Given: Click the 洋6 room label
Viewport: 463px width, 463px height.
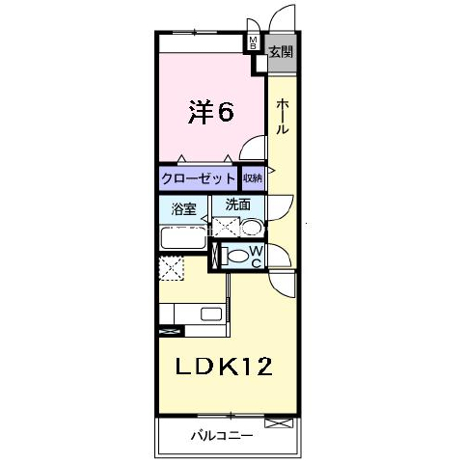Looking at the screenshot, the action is [210, 112].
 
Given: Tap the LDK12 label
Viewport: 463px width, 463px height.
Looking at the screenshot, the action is [224, 367].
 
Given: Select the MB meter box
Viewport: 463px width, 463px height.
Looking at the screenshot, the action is [254, 42].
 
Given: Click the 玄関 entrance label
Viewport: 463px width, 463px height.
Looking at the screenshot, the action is [282, 52].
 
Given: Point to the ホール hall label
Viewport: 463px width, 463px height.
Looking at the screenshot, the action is [282, 116].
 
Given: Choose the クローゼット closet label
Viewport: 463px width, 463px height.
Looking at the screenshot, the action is [199, 177].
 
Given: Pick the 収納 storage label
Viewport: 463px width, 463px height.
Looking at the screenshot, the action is [253, 177].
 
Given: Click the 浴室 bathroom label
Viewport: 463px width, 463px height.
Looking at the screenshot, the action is [184, 209].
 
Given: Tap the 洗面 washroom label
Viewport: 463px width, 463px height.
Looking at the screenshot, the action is [238, 204].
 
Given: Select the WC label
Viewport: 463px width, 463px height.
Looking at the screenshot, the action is [257, 257].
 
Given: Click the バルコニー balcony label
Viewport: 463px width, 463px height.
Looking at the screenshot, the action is [222, 436].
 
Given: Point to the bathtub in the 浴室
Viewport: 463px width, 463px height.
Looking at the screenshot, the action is [183, 237].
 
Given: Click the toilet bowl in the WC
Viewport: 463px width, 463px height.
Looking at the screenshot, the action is [236, 256].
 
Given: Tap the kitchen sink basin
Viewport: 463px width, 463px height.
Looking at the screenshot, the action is [211, 314].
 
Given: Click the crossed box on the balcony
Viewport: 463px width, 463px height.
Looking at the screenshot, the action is [279, 422].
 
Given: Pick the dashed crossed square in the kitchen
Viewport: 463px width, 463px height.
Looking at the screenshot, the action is [172, 268].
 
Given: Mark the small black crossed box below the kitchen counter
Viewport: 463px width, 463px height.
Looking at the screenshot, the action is [172, 331].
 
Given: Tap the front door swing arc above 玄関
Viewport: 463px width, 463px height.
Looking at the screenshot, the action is [281, 15].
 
